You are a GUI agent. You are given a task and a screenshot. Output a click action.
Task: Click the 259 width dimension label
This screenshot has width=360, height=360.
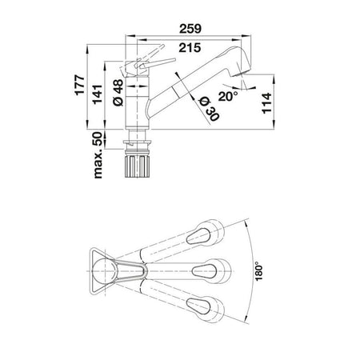[190, 29]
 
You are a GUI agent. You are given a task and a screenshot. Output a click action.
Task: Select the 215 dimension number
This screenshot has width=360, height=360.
[190, 48]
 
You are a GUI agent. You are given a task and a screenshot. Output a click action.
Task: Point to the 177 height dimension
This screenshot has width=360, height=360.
[80, 86]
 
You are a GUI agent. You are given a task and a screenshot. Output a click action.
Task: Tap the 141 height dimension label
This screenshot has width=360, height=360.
[98, 94]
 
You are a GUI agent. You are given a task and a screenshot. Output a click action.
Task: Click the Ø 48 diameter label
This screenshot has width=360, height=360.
[118, 93]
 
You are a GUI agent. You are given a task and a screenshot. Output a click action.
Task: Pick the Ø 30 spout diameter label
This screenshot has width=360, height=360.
[210, 109]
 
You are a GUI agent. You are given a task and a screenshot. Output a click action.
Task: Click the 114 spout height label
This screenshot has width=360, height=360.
[266, 103]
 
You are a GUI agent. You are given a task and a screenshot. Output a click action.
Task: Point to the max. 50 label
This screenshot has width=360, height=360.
[98, 155]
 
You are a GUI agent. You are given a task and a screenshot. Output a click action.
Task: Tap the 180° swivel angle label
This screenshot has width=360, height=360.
[258, 271]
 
